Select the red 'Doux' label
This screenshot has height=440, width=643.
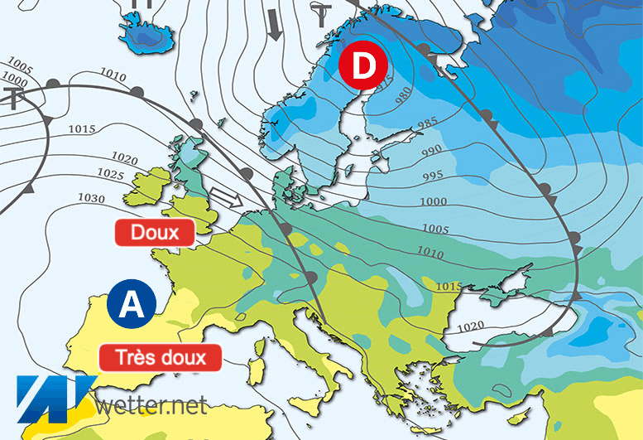[155, 232]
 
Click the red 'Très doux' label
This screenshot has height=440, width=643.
[161, 357]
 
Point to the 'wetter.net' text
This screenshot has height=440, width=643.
[151, 405]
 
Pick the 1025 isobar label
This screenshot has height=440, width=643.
[111, 173]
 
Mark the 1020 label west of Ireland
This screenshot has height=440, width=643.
[123, 157]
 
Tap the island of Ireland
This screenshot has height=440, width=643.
[151, 186]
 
